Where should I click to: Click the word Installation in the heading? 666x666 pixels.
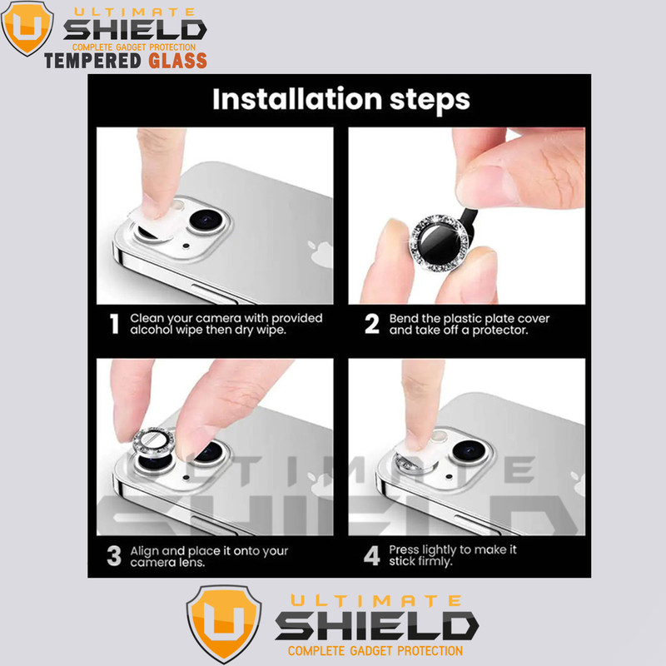[x=297, y=99]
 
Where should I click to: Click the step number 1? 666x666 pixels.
[x=114, y=324]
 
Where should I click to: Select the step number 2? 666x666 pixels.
[x=371, y=324]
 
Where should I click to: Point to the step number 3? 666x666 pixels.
[x=114, y=556]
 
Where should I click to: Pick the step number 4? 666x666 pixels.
[x=371, y=556]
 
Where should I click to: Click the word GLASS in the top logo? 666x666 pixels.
[x=178, y=61]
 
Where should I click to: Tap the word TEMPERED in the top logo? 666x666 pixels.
[x=92, y=61]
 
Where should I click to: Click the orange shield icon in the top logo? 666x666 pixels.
[x=27, y=27]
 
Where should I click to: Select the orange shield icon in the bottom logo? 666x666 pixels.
[x=224, y=623]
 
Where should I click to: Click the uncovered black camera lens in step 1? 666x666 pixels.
[x=206, y=220]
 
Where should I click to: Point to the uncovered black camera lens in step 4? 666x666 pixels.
[x=469, y=450]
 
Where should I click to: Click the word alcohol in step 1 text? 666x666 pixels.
[x=152, y=330]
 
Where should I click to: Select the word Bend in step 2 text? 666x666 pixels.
[x=402, y=319]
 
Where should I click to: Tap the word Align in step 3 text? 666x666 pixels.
[x=144, y=552]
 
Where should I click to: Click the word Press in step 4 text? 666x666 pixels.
[x=404, y=549]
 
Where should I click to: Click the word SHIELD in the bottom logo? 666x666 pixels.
[x=377, y=626]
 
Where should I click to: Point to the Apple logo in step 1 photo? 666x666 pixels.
[x=321, y=254]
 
